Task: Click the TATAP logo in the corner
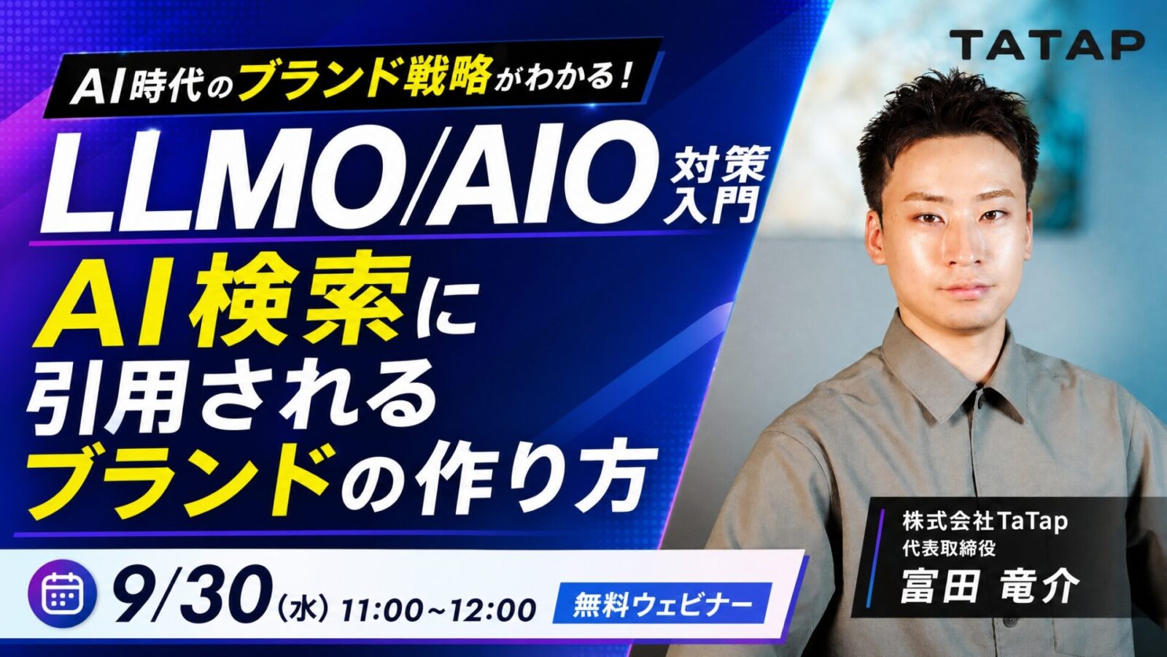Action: (x=1047, y=45)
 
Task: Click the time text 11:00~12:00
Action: (x=439, y=610)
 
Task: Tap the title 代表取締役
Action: (x=942, y=548)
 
